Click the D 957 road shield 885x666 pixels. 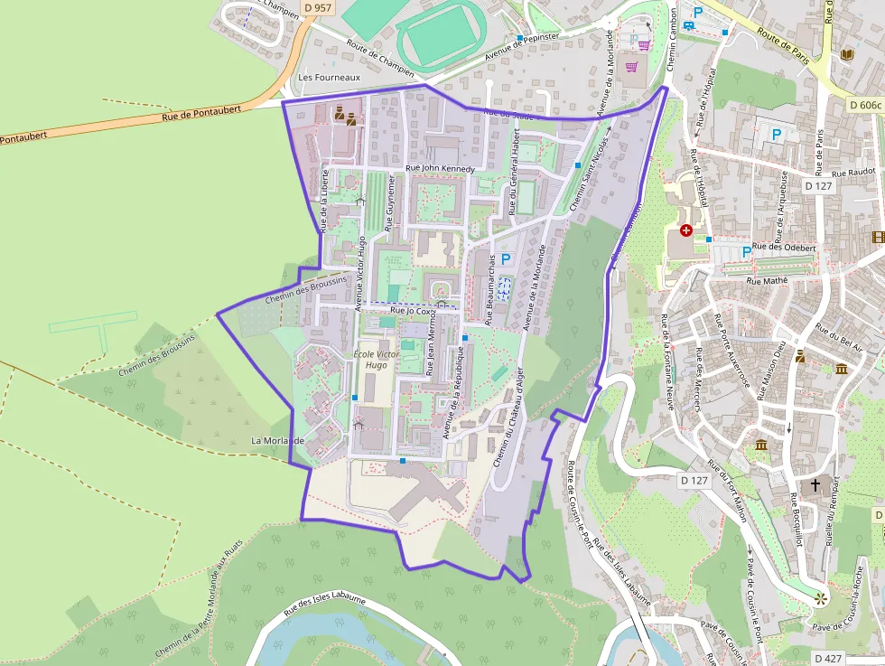pyautogui.click(x=317, y=8)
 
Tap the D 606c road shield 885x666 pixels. pyautogui.click(x=864, y=105)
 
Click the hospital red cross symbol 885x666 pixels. pyautogui.click(x=685, y=230)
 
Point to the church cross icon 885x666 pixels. pyautogui.click(x=815, y=485)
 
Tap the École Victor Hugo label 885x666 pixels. pyautogui.click(x=376, y=360)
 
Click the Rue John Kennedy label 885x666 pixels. pyautogui.click(x=440, y=168)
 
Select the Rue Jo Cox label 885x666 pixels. pyautogui.click(x=413, y=311)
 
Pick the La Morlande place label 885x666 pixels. pyautogui.click(x=278, y=441)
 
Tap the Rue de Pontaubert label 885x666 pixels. pyautogui.click(x=201, y=112)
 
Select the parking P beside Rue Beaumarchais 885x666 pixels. pyautogui.click(x=506, y=259)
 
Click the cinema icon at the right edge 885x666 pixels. pyautogui.click(x=878, y=237)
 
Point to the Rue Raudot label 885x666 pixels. pyautogui.click(x=853, y=172)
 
